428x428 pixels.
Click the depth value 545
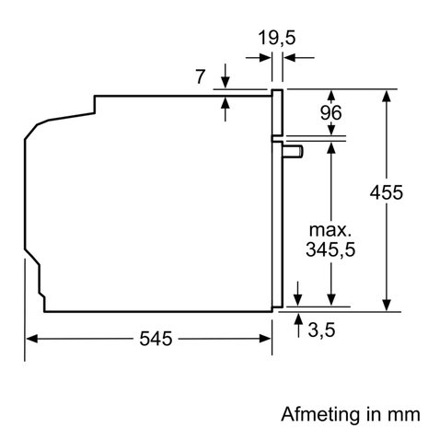157,340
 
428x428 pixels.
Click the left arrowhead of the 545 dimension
31,340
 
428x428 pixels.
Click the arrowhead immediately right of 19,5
287,57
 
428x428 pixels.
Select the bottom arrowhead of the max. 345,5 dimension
330,298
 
